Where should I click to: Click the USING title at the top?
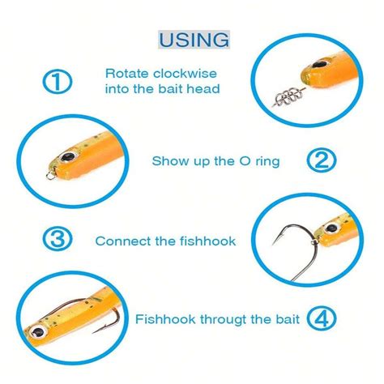193,39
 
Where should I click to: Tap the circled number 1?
57,81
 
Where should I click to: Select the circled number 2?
322,160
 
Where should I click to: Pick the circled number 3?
57,240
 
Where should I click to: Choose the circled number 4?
322,318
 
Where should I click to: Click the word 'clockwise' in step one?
177,72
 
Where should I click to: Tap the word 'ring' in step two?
264,161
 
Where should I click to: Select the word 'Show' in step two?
169,161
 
